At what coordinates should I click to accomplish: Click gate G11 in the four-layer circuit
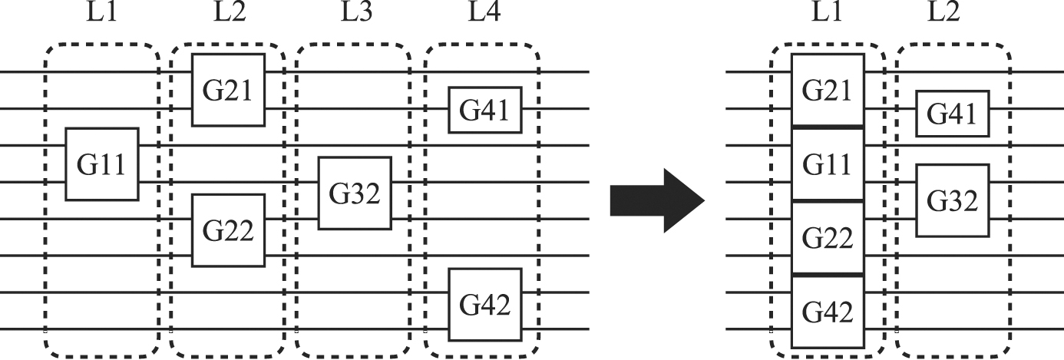pyautogui.click(x=102, y=164)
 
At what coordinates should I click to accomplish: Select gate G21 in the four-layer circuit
pyautogui.click(x=229, y=90)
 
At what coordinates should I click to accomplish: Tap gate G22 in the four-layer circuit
pyautogui.click(x=229, y=230)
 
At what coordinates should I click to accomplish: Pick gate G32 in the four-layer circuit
pyautogui.click(x=355, y=193)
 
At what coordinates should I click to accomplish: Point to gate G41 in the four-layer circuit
pyautogui.click(x=485, y=111)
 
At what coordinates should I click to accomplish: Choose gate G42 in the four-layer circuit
pyautogui.click(x=485, y=304)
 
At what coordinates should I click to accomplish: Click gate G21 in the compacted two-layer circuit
pyautogui.click(x=828, y=90)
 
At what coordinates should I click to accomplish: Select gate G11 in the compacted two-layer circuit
pyautogui.click(x=828, y=164)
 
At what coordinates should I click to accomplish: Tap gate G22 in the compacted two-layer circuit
pyautogui.click(x=828, y=238)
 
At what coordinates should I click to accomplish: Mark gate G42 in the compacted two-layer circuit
pyautogui.click(x=828, y=312)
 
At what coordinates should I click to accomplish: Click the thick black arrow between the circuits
pyautogui.click(x=656, y=201)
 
